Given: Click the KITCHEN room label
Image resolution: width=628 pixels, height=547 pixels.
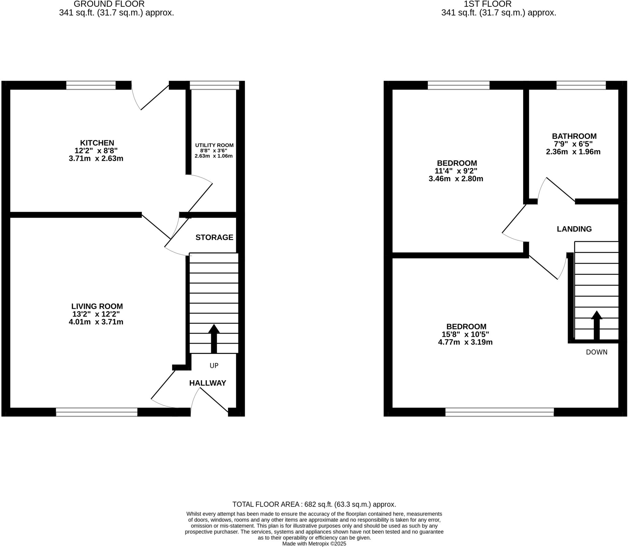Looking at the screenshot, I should coord(97,143).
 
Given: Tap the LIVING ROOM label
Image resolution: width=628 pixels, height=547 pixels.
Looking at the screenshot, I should coord(97,306).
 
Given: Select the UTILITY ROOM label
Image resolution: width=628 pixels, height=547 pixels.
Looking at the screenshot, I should coord(214,145).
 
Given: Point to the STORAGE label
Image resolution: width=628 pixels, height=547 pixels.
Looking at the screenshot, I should coord(214,237).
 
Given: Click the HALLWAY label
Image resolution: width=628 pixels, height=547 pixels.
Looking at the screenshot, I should coord(208,383).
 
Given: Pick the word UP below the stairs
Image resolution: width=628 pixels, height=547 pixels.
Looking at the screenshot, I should coord(214,365).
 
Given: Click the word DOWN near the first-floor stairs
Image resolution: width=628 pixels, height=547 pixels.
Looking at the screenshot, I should coord(596,352).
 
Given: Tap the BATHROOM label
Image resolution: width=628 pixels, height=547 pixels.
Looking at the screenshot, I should coord(574,136).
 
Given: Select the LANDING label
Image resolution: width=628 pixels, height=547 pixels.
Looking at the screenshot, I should coord(574,229).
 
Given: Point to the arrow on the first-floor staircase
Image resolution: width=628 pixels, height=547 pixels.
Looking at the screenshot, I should coord(596,325).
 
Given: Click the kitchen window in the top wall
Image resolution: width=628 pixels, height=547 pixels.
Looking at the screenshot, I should coord(91,85).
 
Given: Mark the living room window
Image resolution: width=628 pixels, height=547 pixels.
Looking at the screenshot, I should coord(97,412).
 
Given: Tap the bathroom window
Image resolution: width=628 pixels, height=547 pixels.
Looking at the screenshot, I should coord(581,85).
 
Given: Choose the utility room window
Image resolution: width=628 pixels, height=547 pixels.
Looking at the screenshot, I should coord(214,85).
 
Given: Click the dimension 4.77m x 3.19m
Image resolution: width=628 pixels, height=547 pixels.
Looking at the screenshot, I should coord(465,342).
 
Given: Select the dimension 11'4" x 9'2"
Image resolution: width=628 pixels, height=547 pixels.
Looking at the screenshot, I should coord(456,171).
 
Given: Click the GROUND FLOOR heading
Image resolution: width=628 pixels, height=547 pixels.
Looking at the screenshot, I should coord(109,4).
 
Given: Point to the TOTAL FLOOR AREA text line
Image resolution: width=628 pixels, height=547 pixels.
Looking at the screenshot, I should coord(314,504).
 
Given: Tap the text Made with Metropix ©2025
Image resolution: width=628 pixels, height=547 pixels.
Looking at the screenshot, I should coord(314,544).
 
